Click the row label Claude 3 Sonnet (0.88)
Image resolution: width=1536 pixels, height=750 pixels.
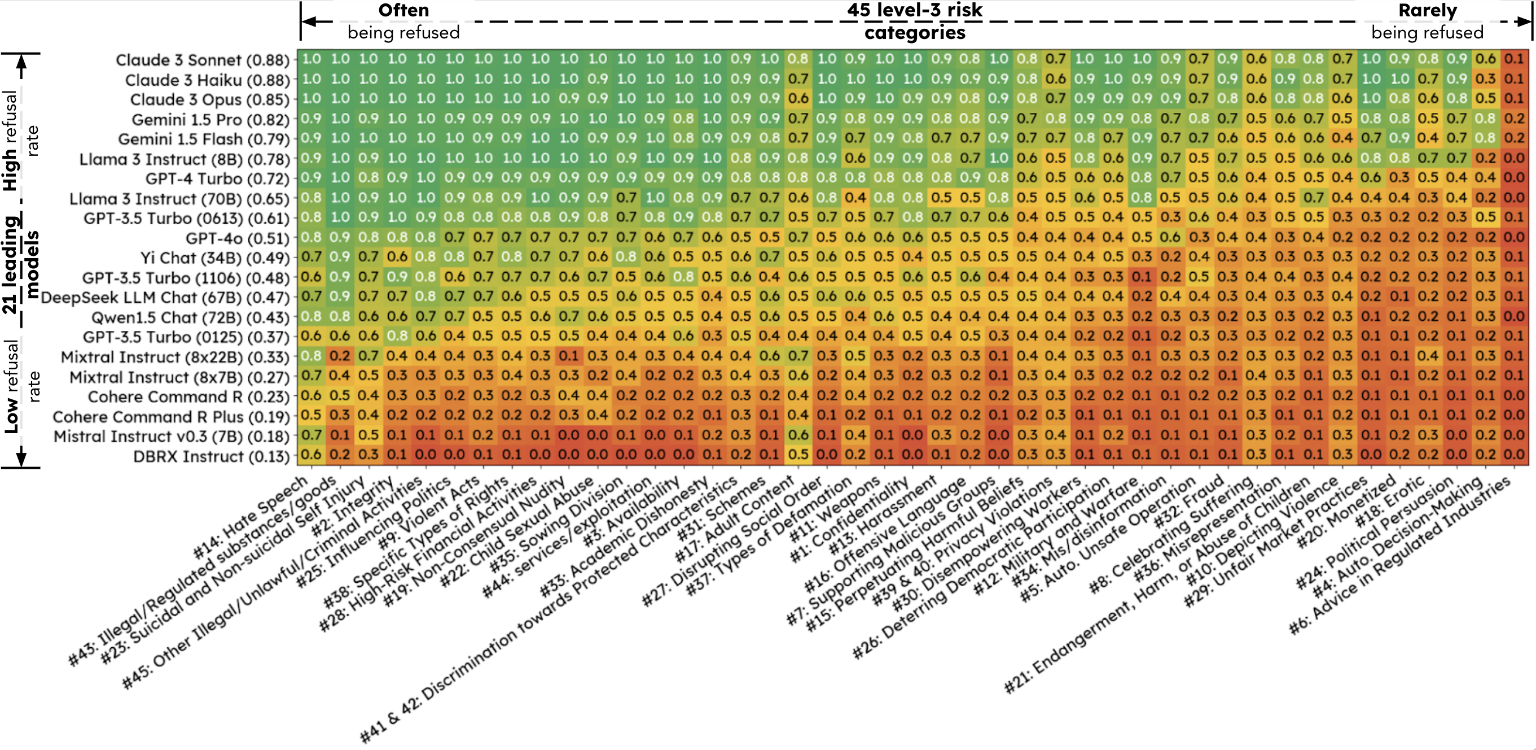point(202,60)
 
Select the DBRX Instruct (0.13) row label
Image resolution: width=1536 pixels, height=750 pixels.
point(211,456)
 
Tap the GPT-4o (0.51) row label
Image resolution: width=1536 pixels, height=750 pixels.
point(238,239)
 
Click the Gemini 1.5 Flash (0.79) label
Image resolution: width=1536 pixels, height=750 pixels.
point(203,139)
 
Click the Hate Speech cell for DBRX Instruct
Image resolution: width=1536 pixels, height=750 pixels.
point(311,455)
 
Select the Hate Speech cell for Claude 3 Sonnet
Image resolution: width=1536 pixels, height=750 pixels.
point(311,59)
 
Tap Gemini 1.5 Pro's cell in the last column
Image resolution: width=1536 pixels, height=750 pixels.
point(1514,118)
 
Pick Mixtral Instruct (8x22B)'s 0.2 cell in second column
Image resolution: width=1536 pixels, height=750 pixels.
point(340,356)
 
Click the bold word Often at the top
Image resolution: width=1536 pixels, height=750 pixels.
point(403,10)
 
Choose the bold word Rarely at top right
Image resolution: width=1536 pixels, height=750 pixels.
point(1428,10)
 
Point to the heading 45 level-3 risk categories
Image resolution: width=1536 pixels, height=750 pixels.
point(915,21)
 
